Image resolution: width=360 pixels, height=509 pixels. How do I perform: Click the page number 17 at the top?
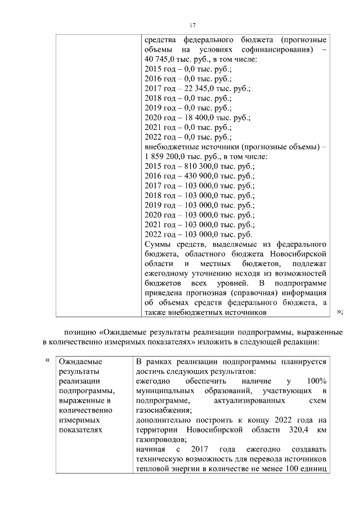coord(192,25)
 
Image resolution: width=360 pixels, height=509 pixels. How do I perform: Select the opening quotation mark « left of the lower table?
coord(47,361)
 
